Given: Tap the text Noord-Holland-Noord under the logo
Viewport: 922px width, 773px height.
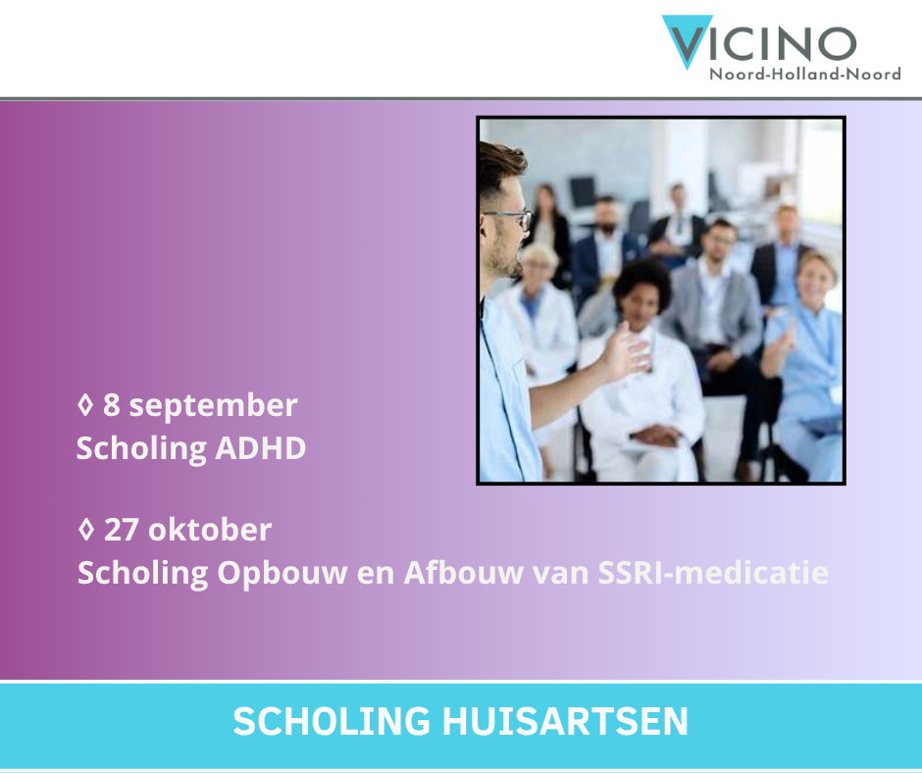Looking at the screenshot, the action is (805, 75).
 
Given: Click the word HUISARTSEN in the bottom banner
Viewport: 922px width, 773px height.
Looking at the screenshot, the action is (565, 721).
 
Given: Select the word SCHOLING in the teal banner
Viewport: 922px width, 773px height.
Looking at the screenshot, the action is (332, 721).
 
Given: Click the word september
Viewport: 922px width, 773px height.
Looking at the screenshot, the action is (213, 406).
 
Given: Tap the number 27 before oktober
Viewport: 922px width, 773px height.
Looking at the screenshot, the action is (121, 530).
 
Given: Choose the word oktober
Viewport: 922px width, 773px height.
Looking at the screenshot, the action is (210, 530).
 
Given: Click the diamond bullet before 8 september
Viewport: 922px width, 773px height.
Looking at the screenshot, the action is (85, 405).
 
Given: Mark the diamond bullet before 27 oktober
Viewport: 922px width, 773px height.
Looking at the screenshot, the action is (86, 529).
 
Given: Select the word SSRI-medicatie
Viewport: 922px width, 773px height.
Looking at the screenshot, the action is (713, 573).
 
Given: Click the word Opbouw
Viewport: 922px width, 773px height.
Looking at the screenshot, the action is (282, 574).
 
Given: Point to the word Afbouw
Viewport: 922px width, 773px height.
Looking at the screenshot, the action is (463, 573).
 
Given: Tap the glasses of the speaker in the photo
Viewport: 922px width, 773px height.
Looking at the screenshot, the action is (509, 217).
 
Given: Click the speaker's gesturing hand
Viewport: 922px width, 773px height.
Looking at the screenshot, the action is (626, 351).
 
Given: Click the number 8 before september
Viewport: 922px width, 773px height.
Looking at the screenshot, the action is (112, 405).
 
